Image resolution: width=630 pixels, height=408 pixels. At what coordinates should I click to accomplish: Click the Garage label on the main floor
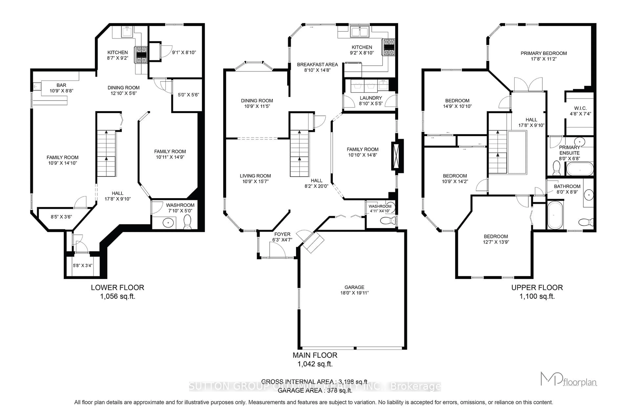(354, 287)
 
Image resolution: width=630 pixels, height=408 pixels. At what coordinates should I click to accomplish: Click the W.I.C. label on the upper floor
(580, 108)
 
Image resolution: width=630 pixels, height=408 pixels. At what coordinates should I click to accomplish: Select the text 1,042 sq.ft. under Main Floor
(315, 364)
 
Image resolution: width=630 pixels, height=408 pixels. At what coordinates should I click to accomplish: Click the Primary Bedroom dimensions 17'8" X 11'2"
(544, 59)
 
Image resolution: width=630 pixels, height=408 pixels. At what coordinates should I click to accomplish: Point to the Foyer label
(282, 234)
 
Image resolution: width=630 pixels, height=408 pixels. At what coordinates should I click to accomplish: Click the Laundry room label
(370, 98)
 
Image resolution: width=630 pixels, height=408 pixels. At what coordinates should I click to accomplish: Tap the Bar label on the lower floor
(61, 85)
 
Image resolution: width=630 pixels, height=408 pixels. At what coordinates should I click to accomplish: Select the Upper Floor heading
(537, 287)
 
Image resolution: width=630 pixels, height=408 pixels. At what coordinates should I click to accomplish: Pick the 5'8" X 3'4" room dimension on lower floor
(83, 265)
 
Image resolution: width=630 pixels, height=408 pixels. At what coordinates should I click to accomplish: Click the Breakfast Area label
(317, 64)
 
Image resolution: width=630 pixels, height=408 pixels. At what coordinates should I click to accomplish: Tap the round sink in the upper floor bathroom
(588, 195)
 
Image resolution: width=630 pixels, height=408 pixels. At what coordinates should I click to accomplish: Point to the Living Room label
(255, 176)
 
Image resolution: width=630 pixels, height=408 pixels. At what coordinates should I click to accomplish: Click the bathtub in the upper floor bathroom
(555, 215)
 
